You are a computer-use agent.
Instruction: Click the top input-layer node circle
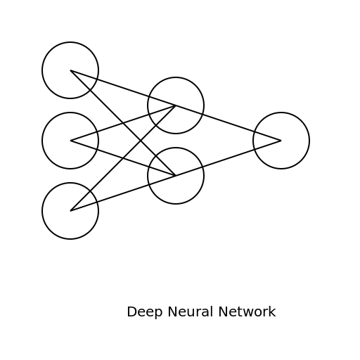(70, 70)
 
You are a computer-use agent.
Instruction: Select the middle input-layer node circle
(70, 141)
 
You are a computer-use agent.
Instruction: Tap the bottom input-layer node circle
(70, 211)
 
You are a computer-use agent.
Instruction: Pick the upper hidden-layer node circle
(176, 105)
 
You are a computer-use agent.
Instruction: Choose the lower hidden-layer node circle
(176, 176)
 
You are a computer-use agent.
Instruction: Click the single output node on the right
(281, 141)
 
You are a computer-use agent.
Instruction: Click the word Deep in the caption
(142, 312)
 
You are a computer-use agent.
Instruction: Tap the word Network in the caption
(247, 312)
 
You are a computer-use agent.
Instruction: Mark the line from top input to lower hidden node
(102, 102)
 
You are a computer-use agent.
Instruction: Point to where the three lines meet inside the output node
(281, 141)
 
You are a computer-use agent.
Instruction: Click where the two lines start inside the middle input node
(71, 141)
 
